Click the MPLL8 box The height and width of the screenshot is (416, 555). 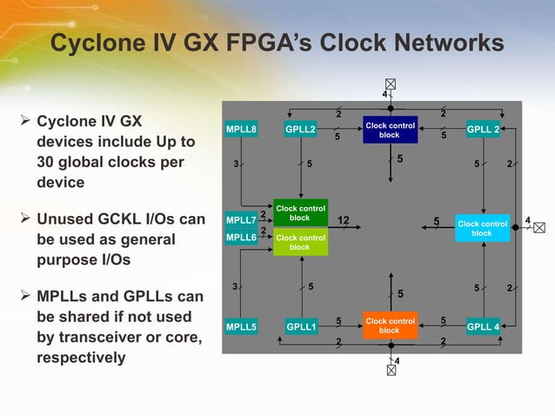coord(241,131)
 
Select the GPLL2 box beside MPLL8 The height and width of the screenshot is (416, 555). coord(301,131)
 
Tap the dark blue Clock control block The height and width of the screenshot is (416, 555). coord(391,130)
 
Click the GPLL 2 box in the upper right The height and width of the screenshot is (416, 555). coord(483,131)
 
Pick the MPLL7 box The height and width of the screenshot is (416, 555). coord(241,219)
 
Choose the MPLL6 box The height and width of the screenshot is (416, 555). coord(241,237)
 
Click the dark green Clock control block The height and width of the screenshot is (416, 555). coord(300,212)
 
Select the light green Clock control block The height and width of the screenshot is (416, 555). coord(300,242)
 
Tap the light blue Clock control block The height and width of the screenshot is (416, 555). coord(482,228)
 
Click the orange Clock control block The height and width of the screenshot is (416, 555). coord(390,325)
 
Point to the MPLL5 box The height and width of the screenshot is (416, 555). coord(241,327)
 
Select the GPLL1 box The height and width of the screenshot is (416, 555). coord(301,327)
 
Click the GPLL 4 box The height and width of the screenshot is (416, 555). coord(483,327)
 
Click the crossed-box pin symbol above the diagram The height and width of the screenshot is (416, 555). coord(390,84)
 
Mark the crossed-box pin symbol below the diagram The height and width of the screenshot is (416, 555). coord(390,369)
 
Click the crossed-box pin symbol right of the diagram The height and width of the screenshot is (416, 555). coord(542,228)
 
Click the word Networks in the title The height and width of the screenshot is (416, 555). coord(438,43)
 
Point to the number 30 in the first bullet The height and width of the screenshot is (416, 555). coord(49,163)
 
